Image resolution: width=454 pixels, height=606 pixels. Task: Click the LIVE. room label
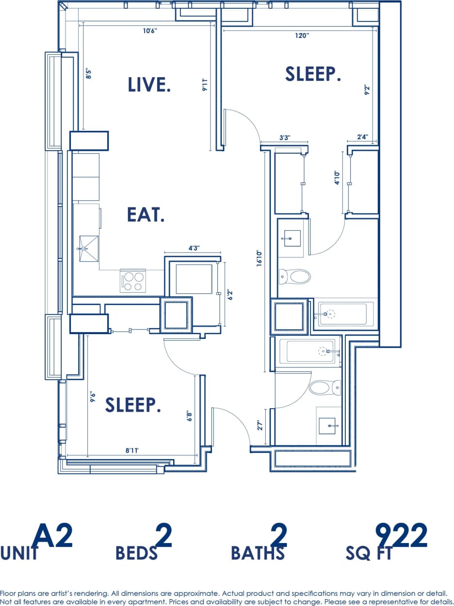click(x=149, y=84)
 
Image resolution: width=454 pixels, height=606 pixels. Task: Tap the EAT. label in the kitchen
click(x=146, y=215)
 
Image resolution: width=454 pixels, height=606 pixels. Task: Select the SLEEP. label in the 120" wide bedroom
click(x=313, y=74)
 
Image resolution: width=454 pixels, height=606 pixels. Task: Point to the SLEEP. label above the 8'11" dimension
click(x=133, y=405)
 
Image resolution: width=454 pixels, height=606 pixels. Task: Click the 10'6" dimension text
click(x=150, y=31)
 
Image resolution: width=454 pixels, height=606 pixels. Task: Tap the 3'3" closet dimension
click(x=285, y=138)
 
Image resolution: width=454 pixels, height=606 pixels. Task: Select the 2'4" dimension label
click(x=362, y=137)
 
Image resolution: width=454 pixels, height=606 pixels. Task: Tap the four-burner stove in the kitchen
click(x=133, y=281)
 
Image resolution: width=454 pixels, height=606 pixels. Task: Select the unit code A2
click(x=53, y=536)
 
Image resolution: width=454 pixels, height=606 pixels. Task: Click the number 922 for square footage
click(x=401, y=536)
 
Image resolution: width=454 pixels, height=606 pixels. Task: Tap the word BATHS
click(x=258, y=553)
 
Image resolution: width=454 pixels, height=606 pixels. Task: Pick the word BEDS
click(x=136, y=553)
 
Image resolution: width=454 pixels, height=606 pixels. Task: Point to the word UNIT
click(x=19, y=553)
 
